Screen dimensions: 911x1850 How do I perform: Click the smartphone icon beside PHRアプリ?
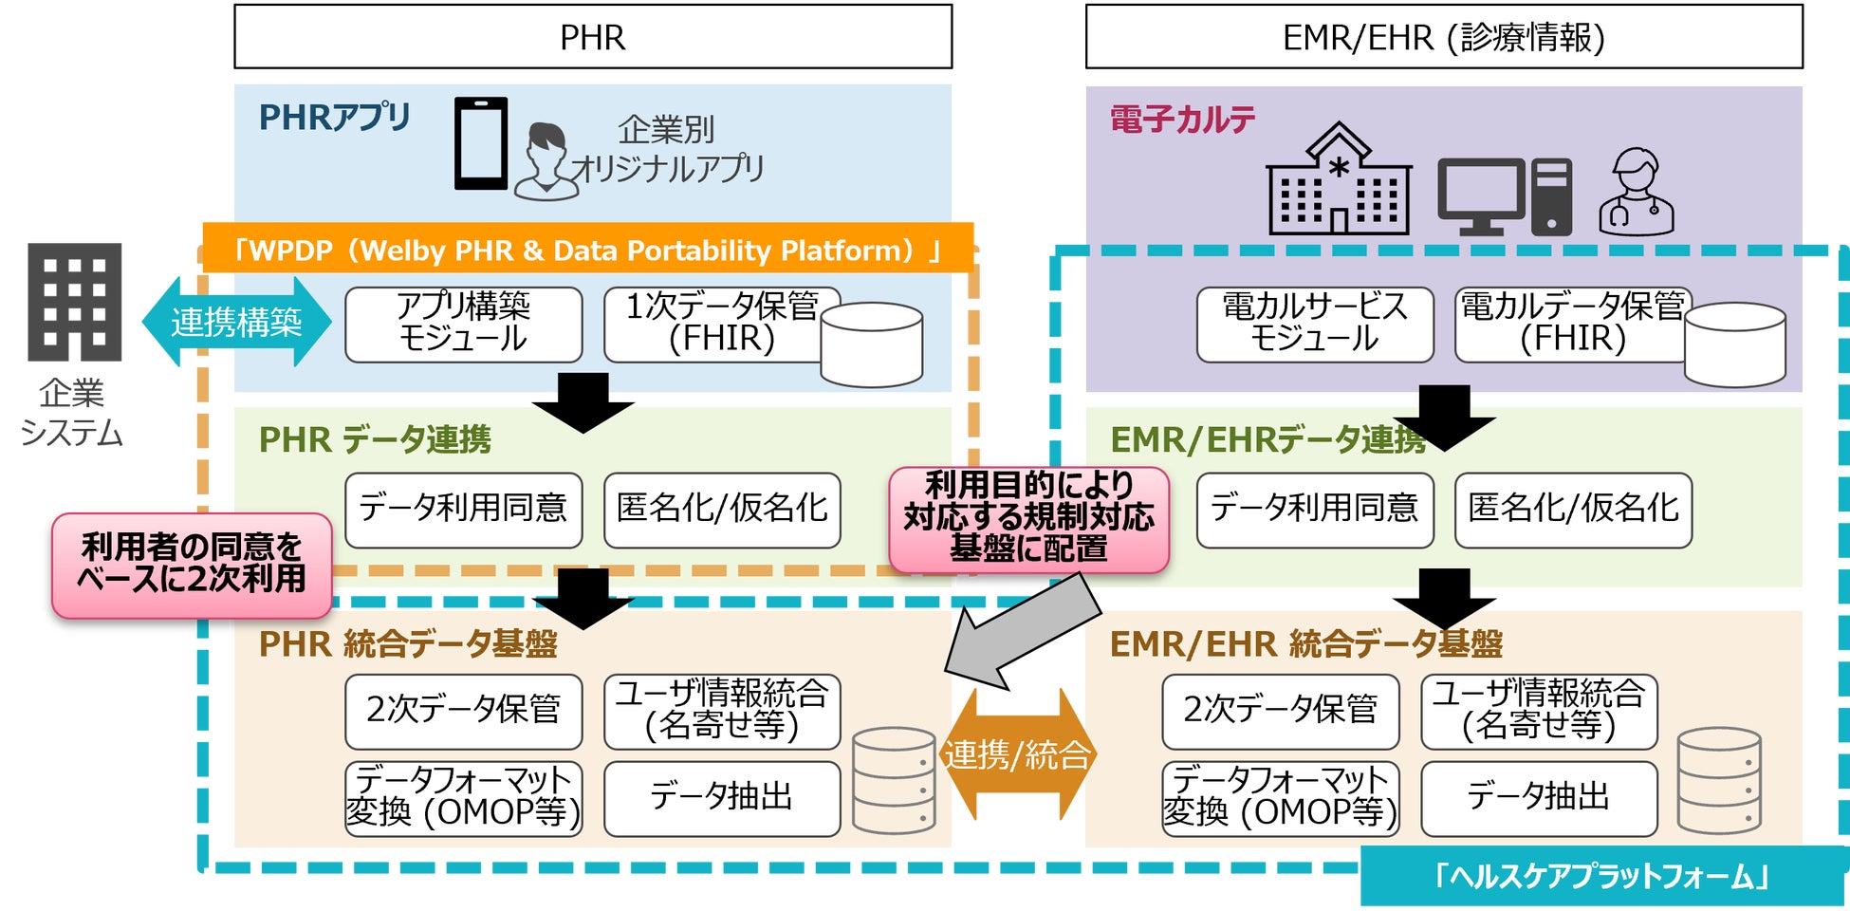(x=481, y=143)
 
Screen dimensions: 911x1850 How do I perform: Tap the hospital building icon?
(x=1339, y=180)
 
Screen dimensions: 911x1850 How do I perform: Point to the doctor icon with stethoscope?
(x=1637, y=192)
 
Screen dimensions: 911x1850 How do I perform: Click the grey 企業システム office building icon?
(x=75, y=302)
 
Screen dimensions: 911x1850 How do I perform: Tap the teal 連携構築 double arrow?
(x=236, y=323)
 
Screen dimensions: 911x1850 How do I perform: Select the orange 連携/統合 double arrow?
(x=1017, y=755)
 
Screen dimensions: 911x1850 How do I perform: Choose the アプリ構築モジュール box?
(x=463, y=325)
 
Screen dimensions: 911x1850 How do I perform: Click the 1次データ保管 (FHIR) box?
(x=721, y=325)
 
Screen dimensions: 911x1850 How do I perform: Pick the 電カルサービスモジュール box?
(x=1314, y=325)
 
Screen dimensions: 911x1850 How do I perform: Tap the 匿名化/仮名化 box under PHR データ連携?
(x=721, y=510)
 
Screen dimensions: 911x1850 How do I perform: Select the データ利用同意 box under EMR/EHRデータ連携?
(x=1314, y=510)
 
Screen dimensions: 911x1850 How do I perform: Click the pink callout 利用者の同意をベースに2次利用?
(x=192, y=565)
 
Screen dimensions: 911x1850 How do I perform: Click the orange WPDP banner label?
(x=587, y=250)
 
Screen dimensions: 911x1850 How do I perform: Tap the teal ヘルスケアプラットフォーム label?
(x=1601, y=876)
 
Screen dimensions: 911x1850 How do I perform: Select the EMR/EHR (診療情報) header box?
(x=1443, y=37)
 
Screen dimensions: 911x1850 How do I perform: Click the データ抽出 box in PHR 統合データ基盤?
(x=721, y=798)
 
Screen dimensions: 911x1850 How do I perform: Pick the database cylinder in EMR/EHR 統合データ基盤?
(x=1719, y=780)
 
